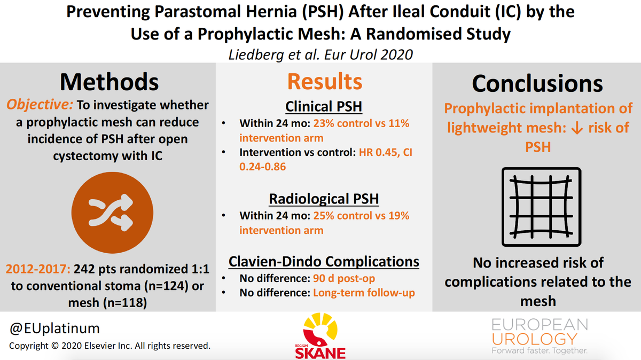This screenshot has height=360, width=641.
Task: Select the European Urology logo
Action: [x=540, y=336]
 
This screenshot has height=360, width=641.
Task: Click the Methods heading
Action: [x=109, y=82]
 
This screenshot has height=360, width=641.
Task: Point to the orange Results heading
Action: [x=324, y=82]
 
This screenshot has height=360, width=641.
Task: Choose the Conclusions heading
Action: [x=537, y=83]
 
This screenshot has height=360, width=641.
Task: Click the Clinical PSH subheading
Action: [x=324, y=106]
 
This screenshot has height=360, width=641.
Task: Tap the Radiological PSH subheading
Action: [x=324, y=199]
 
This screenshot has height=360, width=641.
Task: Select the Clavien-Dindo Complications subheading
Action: [x=324, y=262]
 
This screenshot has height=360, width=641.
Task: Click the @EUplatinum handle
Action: [x=54, y=328]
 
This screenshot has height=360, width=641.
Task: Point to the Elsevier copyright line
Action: [x=110, y=346]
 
